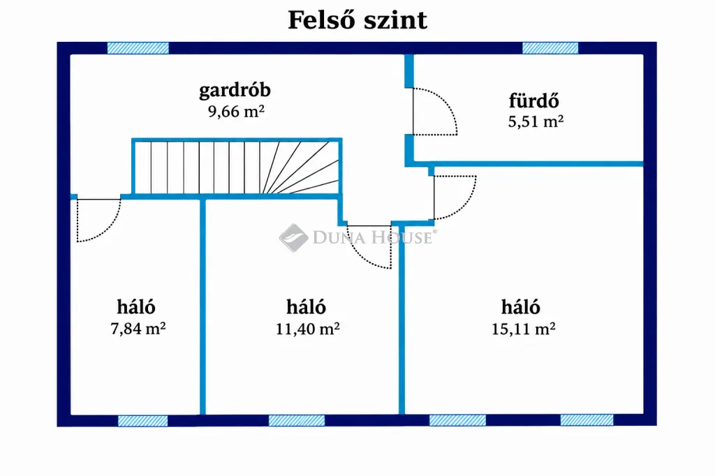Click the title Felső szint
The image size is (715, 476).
pos(357,20)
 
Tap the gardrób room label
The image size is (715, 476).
pos(235,90)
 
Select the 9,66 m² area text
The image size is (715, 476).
pos(236,111)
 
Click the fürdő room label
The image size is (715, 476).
pos(534,101)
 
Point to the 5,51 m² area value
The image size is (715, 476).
pos(536,121)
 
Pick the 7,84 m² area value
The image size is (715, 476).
pos(138,328)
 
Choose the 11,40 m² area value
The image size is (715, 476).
pos(307,329)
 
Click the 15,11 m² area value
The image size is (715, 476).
pos(523,329)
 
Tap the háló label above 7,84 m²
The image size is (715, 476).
pos(136,307)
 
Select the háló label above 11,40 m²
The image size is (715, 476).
pos(306,307)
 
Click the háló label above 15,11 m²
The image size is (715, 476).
pos(521,307)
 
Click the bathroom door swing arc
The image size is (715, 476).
pos(449,104)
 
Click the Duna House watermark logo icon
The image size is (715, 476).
pos(294,237)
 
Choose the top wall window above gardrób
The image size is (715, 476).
pos(138,48)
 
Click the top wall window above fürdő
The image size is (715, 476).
pos(550,48)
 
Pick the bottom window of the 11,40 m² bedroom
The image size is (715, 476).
pos(296,420)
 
